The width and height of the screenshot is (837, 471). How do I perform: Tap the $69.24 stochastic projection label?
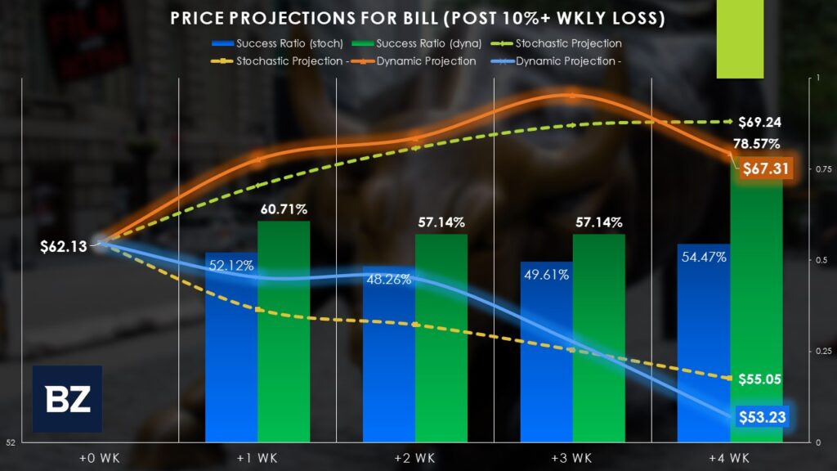point(759,123)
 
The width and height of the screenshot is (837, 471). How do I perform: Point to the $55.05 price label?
point(759,379)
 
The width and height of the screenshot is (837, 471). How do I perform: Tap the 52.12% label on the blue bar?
point(231,265)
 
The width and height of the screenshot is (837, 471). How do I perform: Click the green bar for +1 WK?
point(284,335)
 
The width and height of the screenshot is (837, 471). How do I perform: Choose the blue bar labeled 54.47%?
point(703,343)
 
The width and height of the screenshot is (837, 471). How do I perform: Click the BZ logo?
point(67,399)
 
